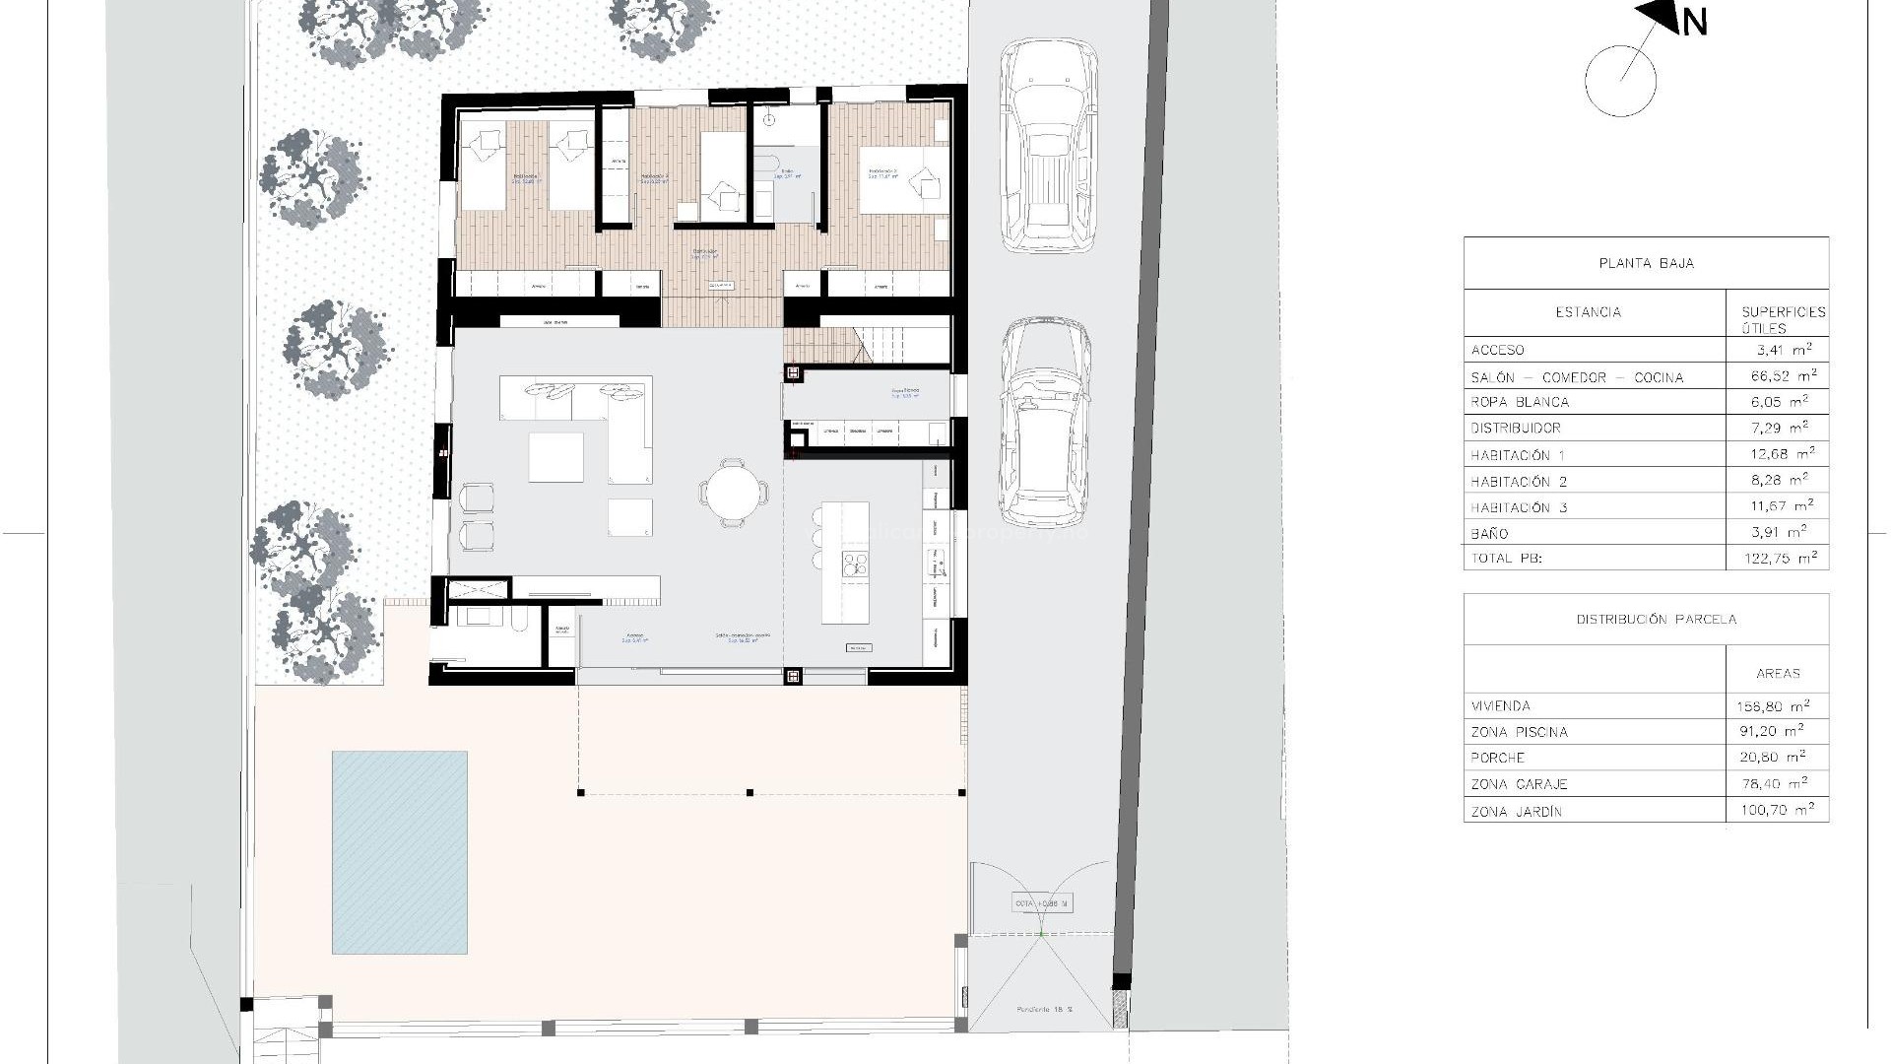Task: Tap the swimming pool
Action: pos(399,852)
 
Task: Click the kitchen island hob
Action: pos(853,564)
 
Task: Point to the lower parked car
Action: pos(1046,424)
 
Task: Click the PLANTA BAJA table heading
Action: pos(1646,263)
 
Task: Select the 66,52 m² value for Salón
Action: pos(1778,375)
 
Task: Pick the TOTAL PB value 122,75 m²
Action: pos(1778,558)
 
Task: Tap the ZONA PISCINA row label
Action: pos(1519,732)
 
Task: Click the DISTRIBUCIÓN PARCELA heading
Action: pos(1656,620)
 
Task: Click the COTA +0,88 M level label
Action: pos(1042,903)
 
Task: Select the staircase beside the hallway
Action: pos(867,345)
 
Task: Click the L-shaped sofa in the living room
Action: pos(601,419)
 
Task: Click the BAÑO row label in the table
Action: pos(1489,533)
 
